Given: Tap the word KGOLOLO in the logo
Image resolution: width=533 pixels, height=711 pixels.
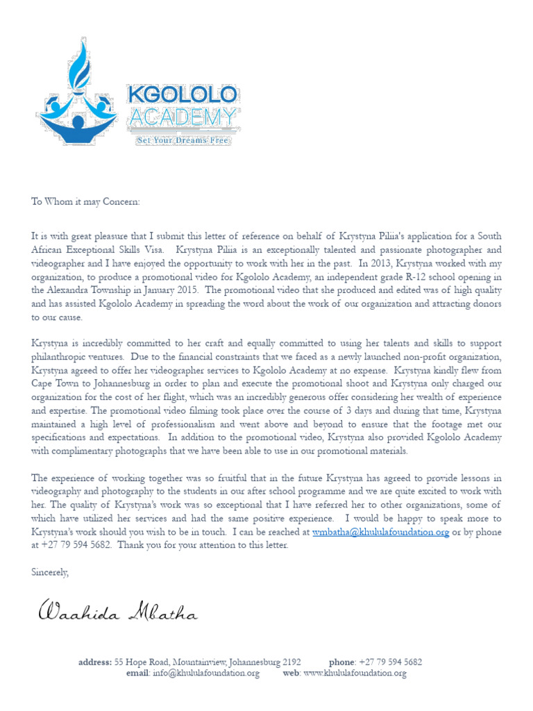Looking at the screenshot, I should click(183, 96).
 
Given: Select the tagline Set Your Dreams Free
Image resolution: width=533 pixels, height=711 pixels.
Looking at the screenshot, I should click(183, 140).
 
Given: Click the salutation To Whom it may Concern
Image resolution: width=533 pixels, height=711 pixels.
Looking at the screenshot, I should click(85, 201).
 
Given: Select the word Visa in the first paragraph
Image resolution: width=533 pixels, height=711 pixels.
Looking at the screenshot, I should click(151, 250).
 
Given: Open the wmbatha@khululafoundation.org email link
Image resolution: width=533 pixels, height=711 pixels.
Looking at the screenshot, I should click(380, 532).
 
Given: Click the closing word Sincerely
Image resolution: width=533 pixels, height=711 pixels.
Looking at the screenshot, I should click(50, 572).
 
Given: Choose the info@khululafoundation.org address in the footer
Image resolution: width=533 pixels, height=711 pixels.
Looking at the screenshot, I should click(206, 674).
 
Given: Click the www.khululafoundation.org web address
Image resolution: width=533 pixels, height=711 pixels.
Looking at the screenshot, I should click(354, 674).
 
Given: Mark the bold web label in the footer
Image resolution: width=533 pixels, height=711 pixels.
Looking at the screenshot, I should click(291, 674).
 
